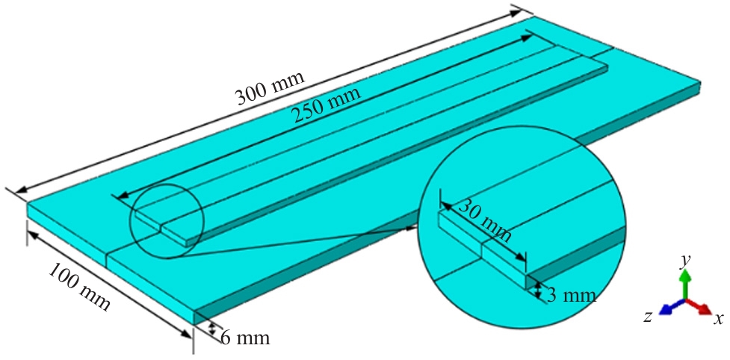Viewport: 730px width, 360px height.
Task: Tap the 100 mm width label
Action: pyautogui.click(x=81, y=288)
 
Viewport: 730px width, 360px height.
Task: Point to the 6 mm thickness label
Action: pyautogui.click(x=244, y=338)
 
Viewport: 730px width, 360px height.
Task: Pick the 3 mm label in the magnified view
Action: pyautogui.click(x=571, y=294)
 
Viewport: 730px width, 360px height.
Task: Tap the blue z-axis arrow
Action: pyautogui.click(x=667, y=308)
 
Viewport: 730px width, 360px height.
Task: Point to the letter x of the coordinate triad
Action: pyautogui.click(x=718, y=319)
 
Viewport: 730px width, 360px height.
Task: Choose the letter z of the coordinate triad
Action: pyautogui.click(x=648, y=317)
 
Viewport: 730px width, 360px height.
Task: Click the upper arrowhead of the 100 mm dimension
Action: pyautogui.click(x=30, y=233)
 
